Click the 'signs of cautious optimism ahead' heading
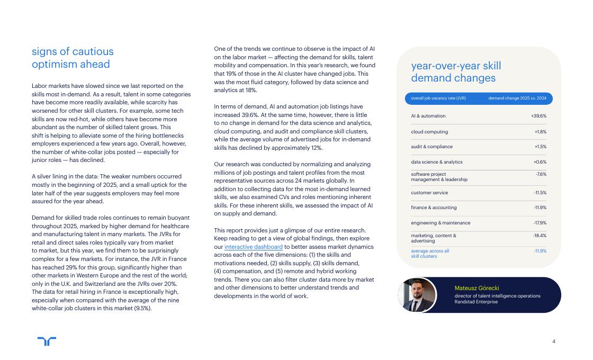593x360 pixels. pos(73,58)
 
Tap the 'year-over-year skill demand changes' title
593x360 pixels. pos(456,72)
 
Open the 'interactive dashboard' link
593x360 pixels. pos(246,247)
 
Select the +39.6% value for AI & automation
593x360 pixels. pos(538,116)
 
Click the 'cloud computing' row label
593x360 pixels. pos(429,132)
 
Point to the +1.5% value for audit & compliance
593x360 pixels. pos(540,147)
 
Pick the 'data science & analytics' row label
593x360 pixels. pos(437,162)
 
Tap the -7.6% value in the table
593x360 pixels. pos(541,174)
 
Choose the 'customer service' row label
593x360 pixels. pos(429,193)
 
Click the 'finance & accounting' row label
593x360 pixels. pos(434,208)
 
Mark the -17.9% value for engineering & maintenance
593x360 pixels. pos(540,223)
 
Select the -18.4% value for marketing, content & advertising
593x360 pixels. pos(540,236)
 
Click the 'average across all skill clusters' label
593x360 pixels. pos(430,254)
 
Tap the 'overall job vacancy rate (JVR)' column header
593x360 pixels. pos(438,98)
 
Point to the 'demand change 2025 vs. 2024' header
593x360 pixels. pos(517,98)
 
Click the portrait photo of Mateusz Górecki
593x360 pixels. pos(417,295)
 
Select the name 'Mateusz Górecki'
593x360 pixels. pos(477,288)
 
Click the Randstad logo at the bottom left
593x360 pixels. pos(47,341)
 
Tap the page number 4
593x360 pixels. pos(554,341)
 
